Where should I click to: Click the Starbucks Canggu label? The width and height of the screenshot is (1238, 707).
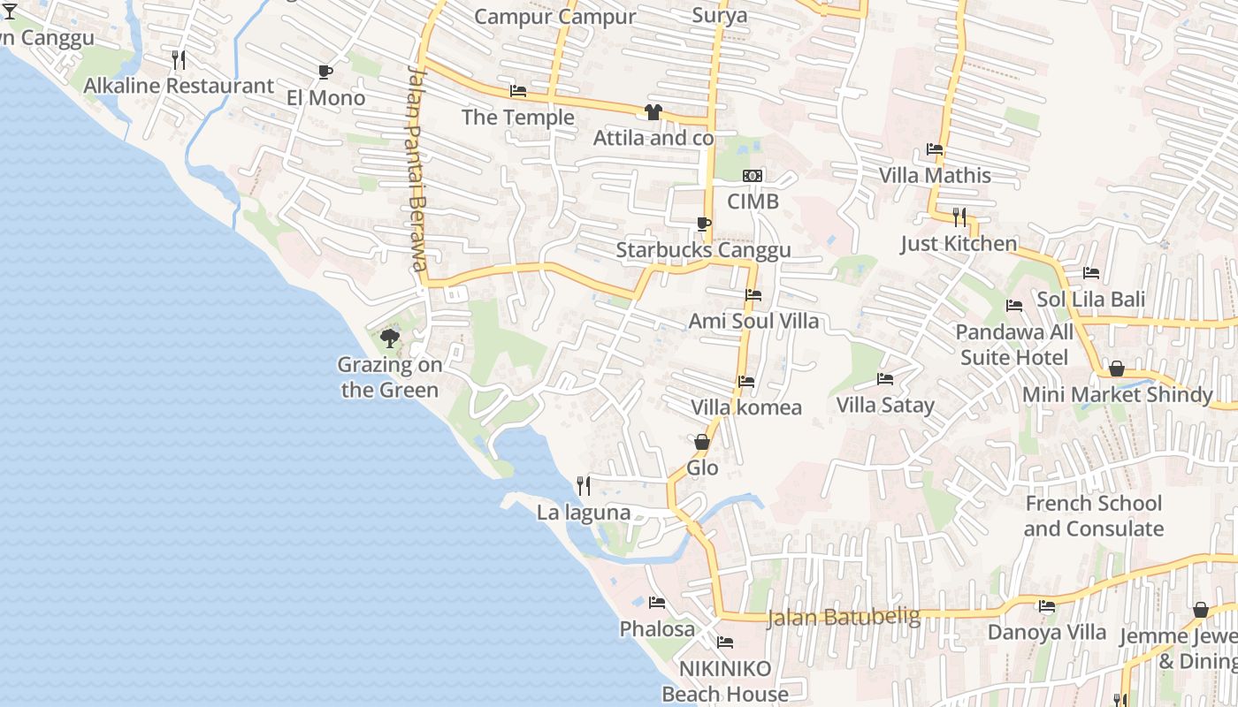703,250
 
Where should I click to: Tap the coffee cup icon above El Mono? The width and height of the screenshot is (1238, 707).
325,72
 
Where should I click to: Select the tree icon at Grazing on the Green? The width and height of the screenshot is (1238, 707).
389,338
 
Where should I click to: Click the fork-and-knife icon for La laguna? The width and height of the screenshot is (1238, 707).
584,485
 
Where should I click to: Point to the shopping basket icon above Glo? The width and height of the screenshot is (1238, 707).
702,441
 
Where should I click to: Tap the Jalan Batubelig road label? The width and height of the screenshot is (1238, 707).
844,617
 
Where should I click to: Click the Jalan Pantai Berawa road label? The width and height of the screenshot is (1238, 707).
417,168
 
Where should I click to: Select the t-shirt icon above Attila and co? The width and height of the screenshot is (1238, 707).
653,111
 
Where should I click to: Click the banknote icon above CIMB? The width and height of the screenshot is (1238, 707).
753,176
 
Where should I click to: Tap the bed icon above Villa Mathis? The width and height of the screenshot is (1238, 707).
935,148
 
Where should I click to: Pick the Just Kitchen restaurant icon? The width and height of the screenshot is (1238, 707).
959,217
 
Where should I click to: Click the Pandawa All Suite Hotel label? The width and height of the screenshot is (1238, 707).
1014,345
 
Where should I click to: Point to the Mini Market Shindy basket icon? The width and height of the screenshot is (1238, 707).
1117,369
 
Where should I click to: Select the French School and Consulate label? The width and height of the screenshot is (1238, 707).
1093,516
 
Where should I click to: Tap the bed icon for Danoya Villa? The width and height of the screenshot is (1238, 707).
1047,606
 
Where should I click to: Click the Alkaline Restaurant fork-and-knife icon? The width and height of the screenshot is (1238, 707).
179,59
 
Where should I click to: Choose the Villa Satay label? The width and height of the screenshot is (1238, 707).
885,406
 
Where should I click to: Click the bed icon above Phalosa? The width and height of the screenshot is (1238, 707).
657,603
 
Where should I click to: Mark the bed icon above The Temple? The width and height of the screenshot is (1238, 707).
518,91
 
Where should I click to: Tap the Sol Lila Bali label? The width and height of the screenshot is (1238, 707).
1090,300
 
